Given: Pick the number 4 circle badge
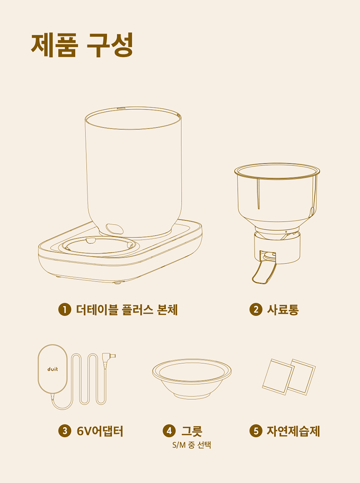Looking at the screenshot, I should [x=168, y=431].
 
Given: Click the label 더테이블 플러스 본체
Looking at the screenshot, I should [x=127, y=310].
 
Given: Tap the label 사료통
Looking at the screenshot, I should [x=283, y=310].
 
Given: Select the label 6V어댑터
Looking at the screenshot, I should [x=100, y=431].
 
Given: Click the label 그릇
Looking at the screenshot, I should [x=192, y=431].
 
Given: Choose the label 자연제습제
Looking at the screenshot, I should [x=293, y=431].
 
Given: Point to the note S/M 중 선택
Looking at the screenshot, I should [x=192, y=445].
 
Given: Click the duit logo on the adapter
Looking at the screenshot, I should [x=53, y=369].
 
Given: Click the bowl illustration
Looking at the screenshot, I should [x=192, y=378].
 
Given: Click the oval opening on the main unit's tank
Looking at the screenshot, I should [x=114, y=229].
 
